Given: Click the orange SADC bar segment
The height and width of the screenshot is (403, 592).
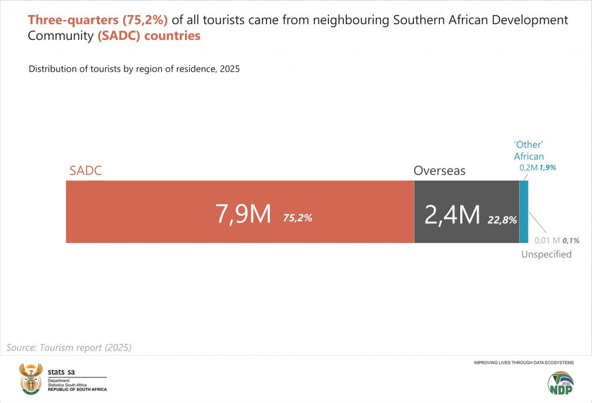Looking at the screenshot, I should tap(145, 211).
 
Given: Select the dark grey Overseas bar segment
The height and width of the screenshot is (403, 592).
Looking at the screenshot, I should tap(466, 196).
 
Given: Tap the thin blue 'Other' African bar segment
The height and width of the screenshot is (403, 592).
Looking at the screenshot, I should tap(524, 211).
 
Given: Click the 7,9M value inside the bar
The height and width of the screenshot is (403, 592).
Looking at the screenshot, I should tap(243, 214).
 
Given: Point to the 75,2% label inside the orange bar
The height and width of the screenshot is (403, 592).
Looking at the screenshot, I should tap(298, 218).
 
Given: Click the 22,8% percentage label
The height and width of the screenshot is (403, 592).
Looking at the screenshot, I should tap(502, 219).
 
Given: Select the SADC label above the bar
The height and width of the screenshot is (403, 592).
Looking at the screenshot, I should tap(86, 171).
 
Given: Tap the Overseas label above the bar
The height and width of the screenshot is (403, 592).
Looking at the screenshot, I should tap(439, 171).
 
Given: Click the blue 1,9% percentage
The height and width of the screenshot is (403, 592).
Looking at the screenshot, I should tap(548, 167).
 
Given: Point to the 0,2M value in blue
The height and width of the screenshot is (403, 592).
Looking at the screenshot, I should tap(528, 167).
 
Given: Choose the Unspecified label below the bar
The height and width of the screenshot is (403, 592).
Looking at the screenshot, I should tap(546, 254).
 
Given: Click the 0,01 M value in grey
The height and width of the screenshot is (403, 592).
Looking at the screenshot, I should tap(547, 240).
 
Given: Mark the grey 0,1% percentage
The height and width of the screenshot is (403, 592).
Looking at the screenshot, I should tap(571, 240).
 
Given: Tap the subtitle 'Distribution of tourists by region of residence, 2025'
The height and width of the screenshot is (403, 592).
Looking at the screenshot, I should tap(134, 69).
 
